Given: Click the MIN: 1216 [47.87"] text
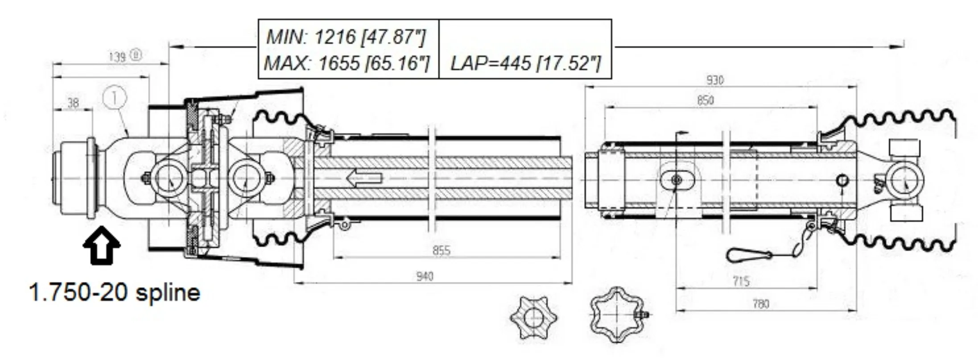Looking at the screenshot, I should click(346, 37).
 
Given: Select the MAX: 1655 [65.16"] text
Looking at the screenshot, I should click(347, 63).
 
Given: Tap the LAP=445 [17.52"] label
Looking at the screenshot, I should click(525, 63).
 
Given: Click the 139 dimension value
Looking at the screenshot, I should click(117, 57).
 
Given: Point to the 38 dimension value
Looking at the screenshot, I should click(73, 103).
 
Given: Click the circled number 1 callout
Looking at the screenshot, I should click(115, 98).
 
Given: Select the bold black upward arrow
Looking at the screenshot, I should click(102, 245).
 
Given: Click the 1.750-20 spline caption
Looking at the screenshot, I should click(115, 293).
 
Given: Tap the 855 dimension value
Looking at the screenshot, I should click(441, 250).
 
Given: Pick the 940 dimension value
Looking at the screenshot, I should click(425, 277).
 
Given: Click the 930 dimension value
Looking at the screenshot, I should click(715, 80).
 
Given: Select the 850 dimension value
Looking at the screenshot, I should click(705, 100).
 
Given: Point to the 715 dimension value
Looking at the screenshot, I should click(741, 281).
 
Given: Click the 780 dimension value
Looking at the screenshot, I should click(761, 304).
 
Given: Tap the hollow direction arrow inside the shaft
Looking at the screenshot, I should click(364, 179).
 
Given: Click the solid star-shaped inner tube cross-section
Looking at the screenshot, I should click(533, 318).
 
